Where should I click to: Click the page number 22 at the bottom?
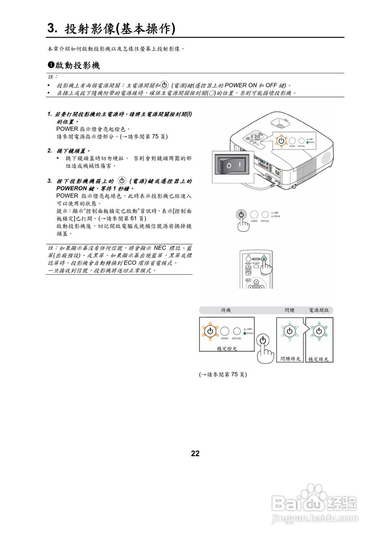coord(195,454)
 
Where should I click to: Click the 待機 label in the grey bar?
coord(226,310)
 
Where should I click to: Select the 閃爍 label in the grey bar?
coord(290,310)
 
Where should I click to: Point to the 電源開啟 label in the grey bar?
coord(321,310)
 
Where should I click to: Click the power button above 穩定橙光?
coord(210,331)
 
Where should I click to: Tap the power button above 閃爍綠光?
coord(290,331)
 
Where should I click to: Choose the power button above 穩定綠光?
coord(319,331)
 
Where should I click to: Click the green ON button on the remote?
coord(263,259)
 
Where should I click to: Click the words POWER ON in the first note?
coord(241,85)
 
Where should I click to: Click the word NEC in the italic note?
coord(160,248)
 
